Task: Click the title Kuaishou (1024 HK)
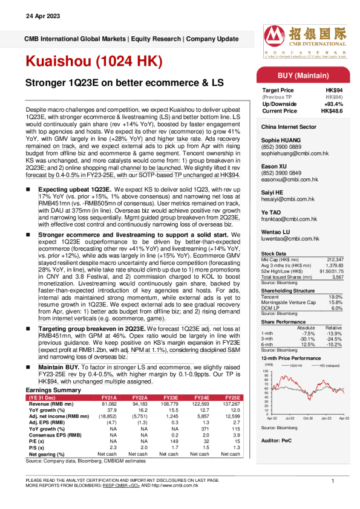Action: point(94,62)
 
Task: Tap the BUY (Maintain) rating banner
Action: point(303,76)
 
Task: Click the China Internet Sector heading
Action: point(289,128)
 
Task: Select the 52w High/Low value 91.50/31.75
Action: point(330,270)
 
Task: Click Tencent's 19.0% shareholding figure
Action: point(336,297)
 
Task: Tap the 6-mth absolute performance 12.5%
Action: point(309,345)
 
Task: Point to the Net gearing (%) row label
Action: point(47,453)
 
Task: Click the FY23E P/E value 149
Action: point(169,441)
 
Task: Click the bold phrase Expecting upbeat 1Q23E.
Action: point(74,189)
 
